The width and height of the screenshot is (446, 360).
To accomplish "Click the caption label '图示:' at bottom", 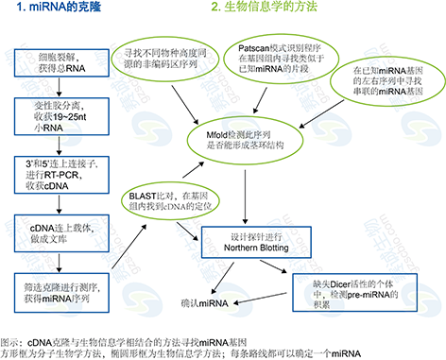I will click(x=12, y=334).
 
